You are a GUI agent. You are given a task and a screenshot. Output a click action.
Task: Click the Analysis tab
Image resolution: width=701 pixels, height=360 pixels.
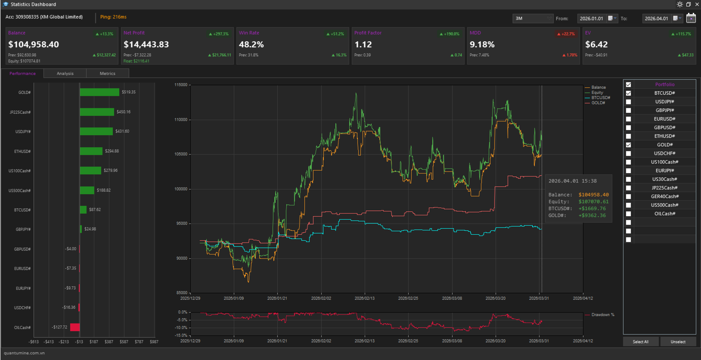(65, 74)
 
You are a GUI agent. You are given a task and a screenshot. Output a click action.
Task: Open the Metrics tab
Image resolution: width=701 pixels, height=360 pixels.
(107, 74)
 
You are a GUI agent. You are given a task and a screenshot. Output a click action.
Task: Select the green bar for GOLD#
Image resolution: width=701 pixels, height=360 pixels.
(99, 92)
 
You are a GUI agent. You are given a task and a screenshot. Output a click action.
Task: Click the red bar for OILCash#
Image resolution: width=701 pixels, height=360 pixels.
(75, 327)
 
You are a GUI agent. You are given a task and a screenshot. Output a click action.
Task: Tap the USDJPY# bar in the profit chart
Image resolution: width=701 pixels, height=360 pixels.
(96, 131)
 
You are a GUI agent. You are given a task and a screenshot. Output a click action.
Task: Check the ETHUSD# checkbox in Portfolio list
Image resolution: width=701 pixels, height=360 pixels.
(628, 136)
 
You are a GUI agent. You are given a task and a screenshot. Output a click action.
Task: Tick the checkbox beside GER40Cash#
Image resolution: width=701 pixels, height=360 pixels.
(628, 196)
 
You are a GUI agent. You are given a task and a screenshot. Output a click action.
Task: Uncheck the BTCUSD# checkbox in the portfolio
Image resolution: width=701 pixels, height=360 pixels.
(628, 93)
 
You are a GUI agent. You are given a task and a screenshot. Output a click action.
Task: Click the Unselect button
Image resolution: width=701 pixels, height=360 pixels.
(678, 341)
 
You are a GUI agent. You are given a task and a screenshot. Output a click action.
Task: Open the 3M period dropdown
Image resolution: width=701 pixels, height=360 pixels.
(533, 19)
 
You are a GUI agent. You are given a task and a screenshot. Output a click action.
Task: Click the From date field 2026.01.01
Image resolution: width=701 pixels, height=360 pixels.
(591, 19)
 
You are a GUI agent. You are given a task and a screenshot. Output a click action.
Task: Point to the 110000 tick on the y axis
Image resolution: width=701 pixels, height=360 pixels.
(181, 120)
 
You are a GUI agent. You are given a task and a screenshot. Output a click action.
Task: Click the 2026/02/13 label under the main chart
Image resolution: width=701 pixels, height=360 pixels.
(364, 298)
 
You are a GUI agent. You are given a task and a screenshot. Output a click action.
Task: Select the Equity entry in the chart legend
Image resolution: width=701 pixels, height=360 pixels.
(597, 93)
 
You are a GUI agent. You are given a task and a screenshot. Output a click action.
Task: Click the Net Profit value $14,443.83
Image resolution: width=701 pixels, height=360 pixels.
(146, 44)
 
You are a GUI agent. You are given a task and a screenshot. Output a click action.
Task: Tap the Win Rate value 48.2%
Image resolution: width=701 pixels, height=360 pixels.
(251, 44)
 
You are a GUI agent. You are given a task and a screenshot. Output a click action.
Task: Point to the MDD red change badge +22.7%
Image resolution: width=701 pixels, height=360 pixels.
(566, 34)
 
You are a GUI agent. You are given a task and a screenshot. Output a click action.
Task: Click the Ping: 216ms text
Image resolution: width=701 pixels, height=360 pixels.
(113, 17)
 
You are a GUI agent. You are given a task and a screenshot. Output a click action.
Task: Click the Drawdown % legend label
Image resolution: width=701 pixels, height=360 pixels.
(602, 315)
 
